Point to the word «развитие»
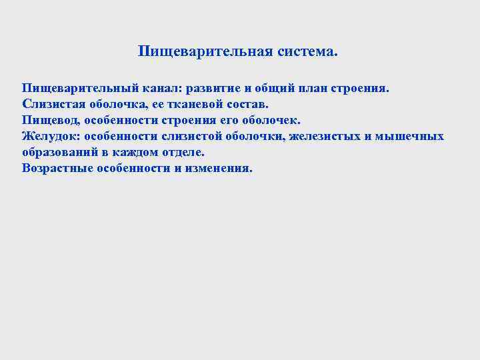tap(217, 89)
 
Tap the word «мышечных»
tap(410, 137)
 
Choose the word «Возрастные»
tap(55, 169)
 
